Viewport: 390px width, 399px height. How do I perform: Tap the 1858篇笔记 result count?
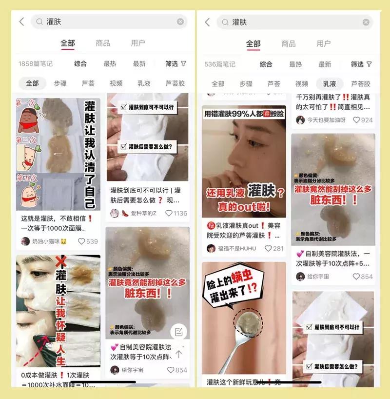click(36, 64)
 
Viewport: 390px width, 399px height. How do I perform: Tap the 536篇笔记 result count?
click(220, 64)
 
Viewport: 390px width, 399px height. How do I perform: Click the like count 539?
click(88, 241)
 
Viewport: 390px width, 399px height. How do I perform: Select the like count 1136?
click(176, 213)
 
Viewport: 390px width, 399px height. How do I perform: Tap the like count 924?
click(363, 120)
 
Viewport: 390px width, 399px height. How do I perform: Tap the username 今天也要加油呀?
click(326, 120)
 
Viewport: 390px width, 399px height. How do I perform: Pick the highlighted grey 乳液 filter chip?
click(330, 83)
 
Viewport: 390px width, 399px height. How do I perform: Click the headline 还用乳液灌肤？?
click(244, 193)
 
